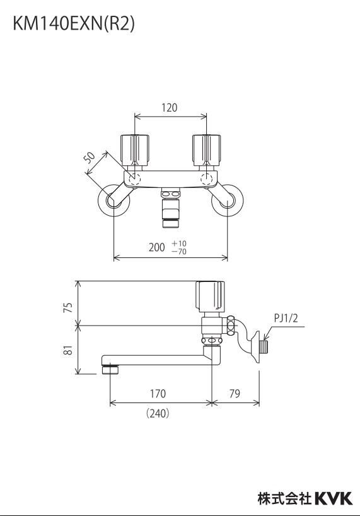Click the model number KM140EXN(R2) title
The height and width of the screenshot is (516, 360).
pyautogui.click(x=74, y=24)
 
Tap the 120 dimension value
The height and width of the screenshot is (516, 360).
pyautogui.click(x=170, y=107)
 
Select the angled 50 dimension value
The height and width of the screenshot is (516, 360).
pyautogui.click(x=89, y=158)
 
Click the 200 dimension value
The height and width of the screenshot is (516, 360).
pyautogui.click(x=156, y=247)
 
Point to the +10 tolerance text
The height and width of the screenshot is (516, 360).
pyautogui.click(x=179, y=243)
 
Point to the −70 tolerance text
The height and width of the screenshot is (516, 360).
pyautogui.click(x=179, y=252)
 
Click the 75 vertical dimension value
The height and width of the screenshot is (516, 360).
pyautogui.click(x=68, y=307)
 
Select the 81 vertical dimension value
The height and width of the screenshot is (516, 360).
pyautogui.click(x=68, y=350)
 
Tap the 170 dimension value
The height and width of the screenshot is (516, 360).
pyautogui.click(x=158, y=394)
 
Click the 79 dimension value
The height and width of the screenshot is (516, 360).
pyautogui.click(x=235, y=394)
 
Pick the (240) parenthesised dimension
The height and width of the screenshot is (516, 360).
pyautogui.click(x=158, y=413)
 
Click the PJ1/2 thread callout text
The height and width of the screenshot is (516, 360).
pyautogui.click(x=286, y=318)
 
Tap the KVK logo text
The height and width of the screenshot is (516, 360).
pyautogui.click(x=334, y=498)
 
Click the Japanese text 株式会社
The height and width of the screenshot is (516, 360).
pyautogui.click(x=284, y=498)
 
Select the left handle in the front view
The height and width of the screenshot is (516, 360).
pyautogui.click(x=135, y=151)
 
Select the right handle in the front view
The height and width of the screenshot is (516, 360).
pyautogui.click(x=206, y=151)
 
